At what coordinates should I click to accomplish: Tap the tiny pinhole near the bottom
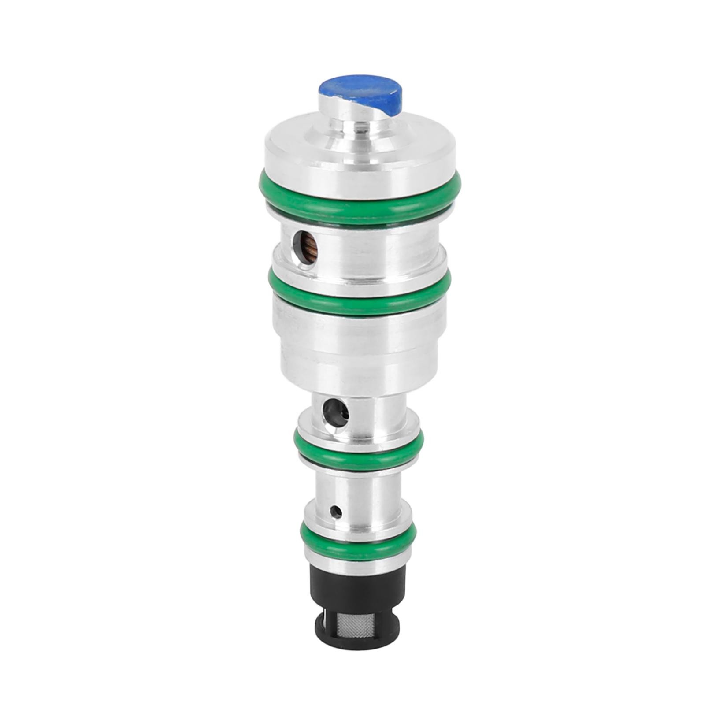coord(336,512)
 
